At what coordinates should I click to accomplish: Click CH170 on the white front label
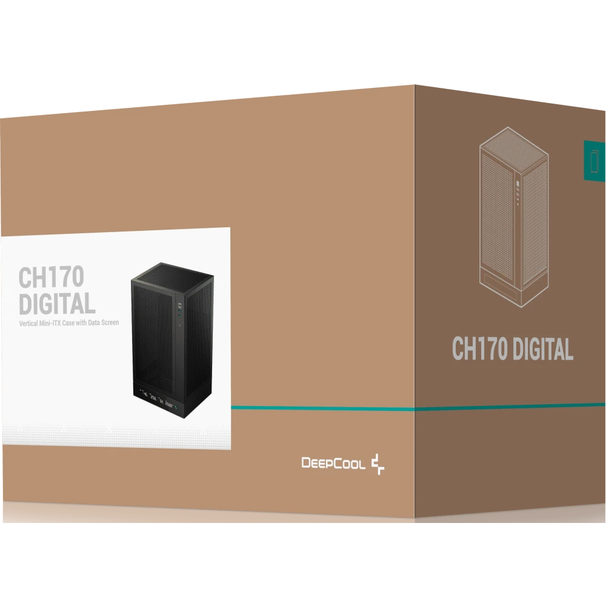tap(52, 277)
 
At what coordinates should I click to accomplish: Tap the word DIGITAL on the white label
tap(57, 304)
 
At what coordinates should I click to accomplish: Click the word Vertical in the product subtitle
tap(28, 323)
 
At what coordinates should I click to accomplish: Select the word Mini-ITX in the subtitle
tap(50, 323)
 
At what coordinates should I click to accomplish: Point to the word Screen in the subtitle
tap(110, 322)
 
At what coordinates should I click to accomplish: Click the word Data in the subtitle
tap(94, 323)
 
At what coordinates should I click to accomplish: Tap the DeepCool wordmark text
tap(333, 463)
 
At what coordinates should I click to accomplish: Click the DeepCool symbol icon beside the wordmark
tap(378, 464)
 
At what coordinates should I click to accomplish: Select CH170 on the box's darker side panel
tap(479, 348)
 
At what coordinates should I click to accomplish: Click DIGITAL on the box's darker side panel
tap(544, 350)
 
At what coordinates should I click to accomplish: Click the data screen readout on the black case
tap(158, 399)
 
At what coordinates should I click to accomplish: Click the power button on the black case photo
tap(180, 325)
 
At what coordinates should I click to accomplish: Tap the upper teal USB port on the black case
tap(179, 311)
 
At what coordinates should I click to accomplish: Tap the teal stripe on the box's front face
tap(323, 408)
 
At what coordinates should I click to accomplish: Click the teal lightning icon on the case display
tap(176, 407)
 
